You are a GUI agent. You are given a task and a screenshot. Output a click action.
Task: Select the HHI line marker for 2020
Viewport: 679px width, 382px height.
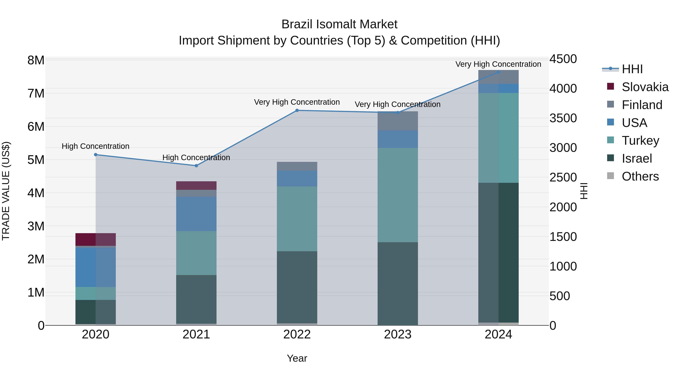click(96, 155)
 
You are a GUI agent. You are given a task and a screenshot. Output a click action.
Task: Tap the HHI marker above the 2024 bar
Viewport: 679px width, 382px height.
click(498, 72)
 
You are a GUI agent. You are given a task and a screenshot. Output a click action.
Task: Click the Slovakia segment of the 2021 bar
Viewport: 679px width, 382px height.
click(196, 186)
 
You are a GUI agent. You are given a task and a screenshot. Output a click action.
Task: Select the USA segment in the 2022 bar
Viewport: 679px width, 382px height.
click(297, 178)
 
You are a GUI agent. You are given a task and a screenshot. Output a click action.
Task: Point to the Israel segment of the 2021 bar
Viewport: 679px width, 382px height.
click(196, 299)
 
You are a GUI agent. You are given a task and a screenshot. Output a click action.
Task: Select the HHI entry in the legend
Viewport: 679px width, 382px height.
click(632, 69)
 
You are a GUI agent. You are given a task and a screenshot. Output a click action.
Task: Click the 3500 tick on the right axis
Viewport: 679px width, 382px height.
click(563, 118)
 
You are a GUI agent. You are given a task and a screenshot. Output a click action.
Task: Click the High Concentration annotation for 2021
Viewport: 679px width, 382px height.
click(196, 157)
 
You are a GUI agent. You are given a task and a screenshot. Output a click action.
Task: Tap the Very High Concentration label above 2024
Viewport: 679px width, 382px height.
click(498, 64)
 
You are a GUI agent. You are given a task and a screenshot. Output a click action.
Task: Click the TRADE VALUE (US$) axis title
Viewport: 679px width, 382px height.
click(6, 191)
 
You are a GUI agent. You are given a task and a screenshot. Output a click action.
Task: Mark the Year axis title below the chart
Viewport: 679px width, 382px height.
click(297, 358)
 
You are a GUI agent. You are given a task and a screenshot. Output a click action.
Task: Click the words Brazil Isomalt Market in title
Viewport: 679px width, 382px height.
click(339, 24)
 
